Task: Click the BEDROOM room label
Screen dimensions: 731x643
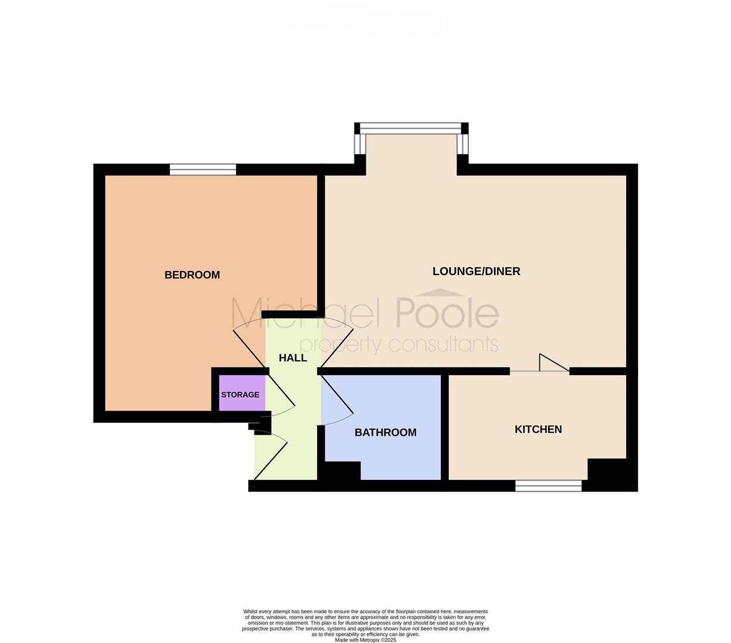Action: tap(192, 275)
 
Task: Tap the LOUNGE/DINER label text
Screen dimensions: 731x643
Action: tap(476, 271)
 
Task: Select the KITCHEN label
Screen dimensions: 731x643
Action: tap(538, 429)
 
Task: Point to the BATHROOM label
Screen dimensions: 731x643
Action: tap(385, 432)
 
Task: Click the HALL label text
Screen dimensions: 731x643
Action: tap(293, 358)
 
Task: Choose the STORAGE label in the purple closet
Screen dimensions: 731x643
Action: tap(240, 395)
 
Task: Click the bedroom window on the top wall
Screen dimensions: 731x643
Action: tap(203, 170)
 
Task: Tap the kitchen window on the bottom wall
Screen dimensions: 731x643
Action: tap(549, 486)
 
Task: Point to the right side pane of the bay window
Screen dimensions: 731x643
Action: tap(462, 144)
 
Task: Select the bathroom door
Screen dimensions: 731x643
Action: tap(337, 400)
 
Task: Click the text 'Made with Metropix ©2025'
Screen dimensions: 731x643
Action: tap(366, 640)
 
